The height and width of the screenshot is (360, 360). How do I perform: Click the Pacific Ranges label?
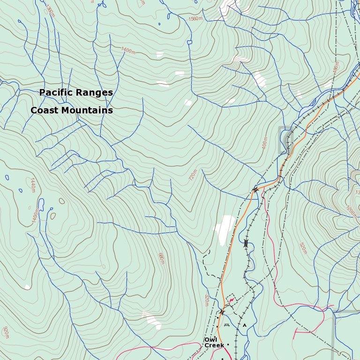tap(76, 93)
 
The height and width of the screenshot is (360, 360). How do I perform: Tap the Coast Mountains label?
tap(72, 111)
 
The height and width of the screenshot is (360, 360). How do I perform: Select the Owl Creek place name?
tap(214, 343)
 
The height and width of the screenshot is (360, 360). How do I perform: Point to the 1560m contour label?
tap(195, 19)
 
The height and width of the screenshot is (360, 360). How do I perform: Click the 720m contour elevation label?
tap(192, 175)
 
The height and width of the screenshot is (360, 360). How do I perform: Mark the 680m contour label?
tap(161, 258)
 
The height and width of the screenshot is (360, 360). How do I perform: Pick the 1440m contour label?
tap(32, 185)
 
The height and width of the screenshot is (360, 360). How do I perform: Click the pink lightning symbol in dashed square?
tap(231, 299)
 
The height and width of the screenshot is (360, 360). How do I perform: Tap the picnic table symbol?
tap(227, 324)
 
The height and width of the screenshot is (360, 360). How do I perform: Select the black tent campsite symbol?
tap(244, 324)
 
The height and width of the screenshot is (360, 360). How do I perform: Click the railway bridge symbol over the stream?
tap(246, 243)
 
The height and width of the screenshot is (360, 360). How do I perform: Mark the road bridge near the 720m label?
tap(255, 189)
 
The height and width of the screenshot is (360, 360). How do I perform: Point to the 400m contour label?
tap(265, 142)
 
